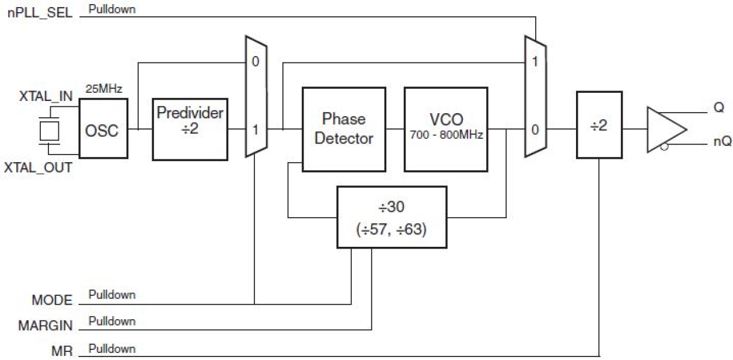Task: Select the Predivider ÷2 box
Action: [190, 129]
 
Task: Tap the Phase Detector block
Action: [344, 129]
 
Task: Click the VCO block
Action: [446, 129]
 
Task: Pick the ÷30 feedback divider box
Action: [392, 216]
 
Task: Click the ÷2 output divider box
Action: [599, 125]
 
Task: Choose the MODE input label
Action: [52, 300]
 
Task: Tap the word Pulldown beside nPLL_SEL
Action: [111, 9]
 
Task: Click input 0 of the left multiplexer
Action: [256, 61]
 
